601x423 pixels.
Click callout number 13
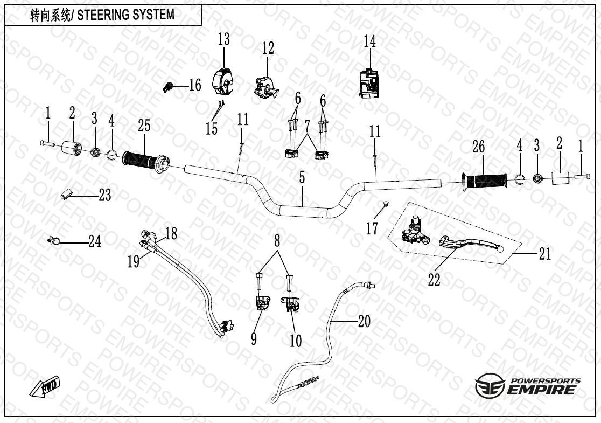click(223, 39)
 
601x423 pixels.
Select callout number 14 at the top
click(369, 41)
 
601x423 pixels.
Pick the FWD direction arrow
click(45, 387)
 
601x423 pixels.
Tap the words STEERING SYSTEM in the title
click(127, 15)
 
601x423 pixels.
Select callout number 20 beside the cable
click(364, 321)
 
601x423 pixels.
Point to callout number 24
click(95, 242)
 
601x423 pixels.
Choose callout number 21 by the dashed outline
click(545, 253)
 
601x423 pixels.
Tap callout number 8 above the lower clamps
click(277, 241)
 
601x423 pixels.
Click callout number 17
click(372, 228)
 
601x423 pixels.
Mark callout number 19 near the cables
click(134, 261)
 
